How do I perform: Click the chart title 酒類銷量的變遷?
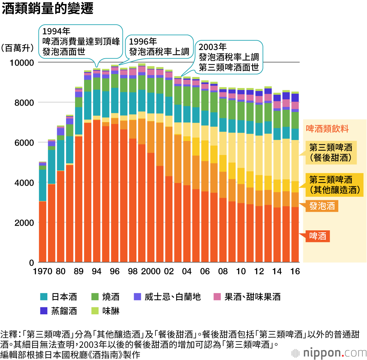pyautogui.click(x=47, y=9)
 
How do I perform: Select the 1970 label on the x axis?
pyautogui.click(x=43, y=271)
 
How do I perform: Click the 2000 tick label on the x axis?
pyautogui.click(x=151, y=271)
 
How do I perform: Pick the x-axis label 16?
pyautogui.click(x=295, y=271)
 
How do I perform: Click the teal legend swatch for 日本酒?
pyautogui.click(x=44, y=297)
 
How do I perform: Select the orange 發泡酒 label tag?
pyautogui.click(x=322, y=206)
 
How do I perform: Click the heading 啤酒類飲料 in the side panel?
pyautogui.click(x=327, y=129)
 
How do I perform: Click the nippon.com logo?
pyautogui.click(x=329, y=353)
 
